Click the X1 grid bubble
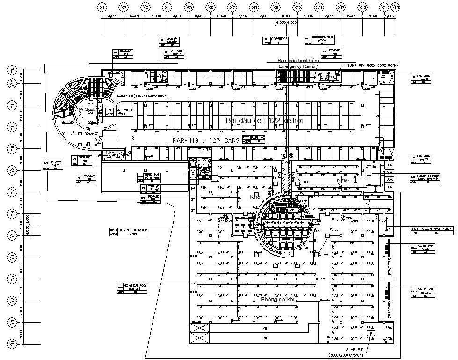[x=102, y=7]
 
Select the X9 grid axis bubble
[x=276, y=7]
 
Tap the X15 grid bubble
[x=395, y=7]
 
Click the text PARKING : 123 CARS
[x=206, y=140]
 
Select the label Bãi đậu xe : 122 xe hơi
[x=265, y=121]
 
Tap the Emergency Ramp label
[x=297, y=67]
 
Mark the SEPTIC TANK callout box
[x=148, y=177]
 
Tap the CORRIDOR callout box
[x=275, y=40]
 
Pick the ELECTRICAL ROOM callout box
[x=320, y=39]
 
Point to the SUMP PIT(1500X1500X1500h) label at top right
[x=372, y=66]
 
